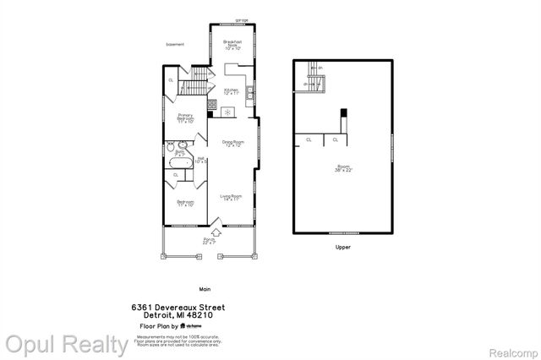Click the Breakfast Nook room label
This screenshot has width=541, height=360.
[x=232, y=45]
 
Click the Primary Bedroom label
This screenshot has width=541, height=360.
[x=186, y=119]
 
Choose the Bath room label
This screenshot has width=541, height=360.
[x=181, y=154]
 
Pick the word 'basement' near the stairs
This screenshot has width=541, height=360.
[x=175, y=45]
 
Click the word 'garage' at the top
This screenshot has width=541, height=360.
[x=230, y=17]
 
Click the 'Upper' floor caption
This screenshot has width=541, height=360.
[x=342, y=248]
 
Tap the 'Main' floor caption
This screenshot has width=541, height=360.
[x=205, y=288]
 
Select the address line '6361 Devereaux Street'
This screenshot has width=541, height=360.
[x=178, y=308]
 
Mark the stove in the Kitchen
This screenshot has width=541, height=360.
[x=213, y=106]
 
